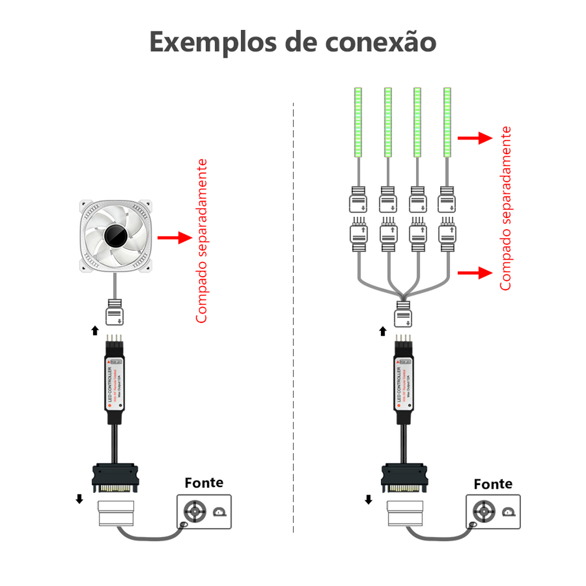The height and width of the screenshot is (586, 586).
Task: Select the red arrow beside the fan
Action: tap(175, 238)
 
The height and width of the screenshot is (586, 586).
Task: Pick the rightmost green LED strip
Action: tap(447, 122)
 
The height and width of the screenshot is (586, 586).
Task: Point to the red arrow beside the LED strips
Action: tap(474, 138)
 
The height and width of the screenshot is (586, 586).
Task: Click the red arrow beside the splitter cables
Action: tap(474, 272)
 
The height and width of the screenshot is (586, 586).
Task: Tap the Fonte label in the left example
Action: tap(204, 483)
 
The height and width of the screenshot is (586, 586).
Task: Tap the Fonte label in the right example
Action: tap(493, 484)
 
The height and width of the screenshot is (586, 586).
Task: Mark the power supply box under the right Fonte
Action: tap(493, 511)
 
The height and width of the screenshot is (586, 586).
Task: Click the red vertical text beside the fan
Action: tap(202, 240)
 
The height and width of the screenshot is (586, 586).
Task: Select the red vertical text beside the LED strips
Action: tap(506, 208)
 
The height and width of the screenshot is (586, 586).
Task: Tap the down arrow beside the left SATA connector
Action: tap(79, 499)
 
